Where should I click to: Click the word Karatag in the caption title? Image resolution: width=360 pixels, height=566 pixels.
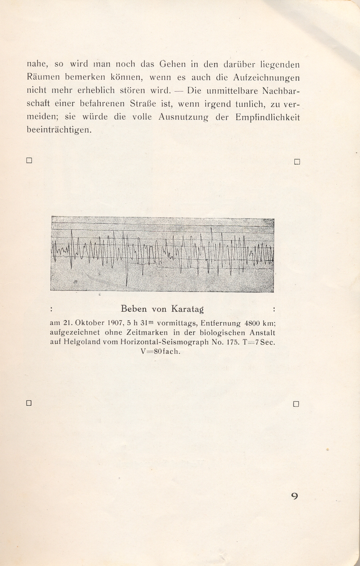coord(187,309)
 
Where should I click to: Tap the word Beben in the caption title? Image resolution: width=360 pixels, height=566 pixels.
coord(134,309)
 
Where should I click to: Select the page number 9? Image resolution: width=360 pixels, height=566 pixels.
coord(294,496)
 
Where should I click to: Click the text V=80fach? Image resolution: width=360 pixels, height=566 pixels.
coord(161,352)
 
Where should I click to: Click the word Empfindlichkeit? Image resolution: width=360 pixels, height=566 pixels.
coord(268,117)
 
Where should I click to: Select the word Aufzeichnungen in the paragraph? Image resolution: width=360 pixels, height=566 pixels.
coord(266,77)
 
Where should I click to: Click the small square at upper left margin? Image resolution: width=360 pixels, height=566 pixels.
coord(29,161)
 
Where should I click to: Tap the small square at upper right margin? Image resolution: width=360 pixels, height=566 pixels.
coord(297,162)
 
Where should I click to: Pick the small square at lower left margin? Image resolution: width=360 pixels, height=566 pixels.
coord(29,403)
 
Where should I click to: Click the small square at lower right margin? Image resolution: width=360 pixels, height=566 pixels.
coord(296,404)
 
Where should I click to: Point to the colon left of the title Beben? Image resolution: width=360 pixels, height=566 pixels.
coord(52,309)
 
